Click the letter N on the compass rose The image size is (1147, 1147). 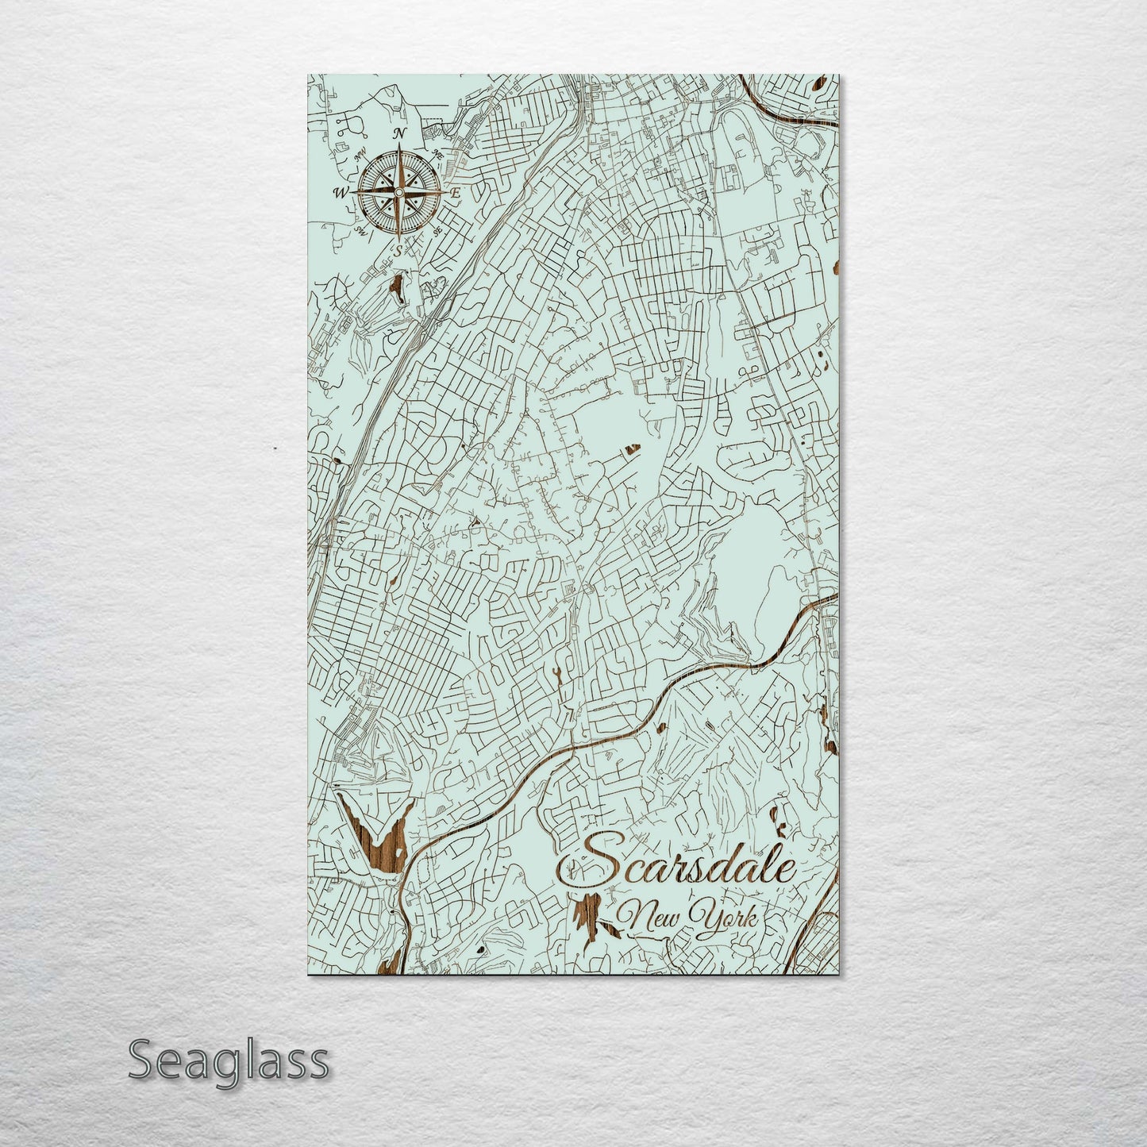pos(401,133)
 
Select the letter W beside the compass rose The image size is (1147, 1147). pos(341,192)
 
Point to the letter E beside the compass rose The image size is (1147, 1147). pos(456,193)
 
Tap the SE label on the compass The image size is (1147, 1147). pos(437,231)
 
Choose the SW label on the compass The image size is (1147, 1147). pos(360,231)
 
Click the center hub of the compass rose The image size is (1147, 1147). pos(399,191)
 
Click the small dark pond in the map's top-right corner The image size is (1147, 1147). pos(821,82)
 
